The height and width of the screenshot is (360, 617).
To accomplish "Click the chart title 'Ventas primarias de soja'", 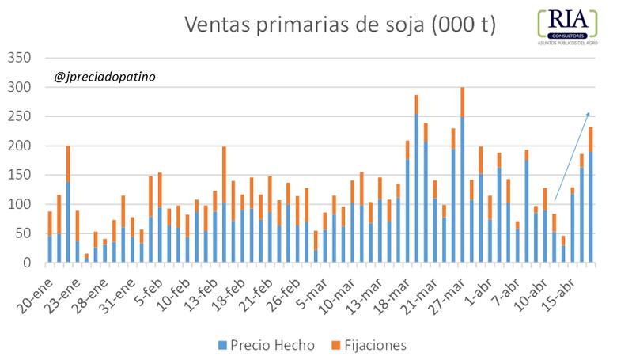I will click(x=340, y=25).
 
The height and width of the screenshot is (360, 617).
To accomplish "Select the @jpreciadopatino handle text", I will click(x=105, y=78).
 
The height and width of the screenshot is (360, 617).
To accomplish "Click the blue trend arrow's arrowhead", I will click(x=587, y=114).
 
